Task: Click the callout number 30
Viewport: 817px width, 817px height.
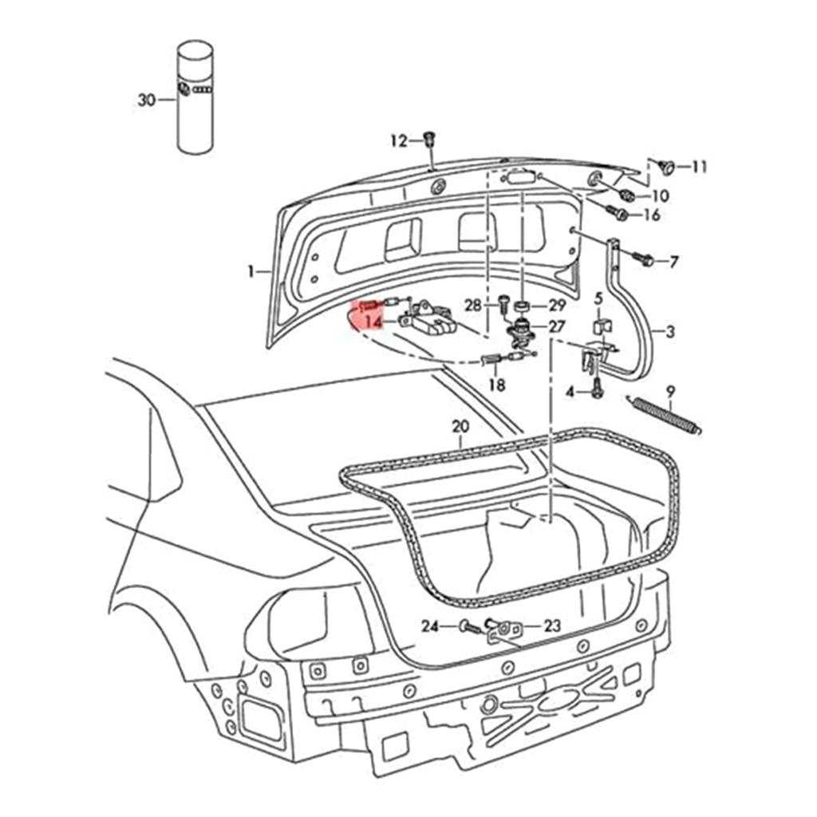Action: click(x=146, y=101)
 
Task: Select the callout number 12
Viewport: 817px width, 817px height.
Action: click(x=398, y=141)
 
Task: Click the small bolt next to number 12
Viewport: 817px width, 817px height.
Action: click(x=428, y=139)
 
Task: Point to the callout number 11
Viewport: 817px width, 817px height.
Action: click(x=699, y=168)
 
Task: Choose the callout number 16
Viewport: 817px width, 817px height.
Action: click(x=651, y=215)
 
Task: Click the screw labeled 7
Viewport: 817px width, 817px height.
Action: click(x=645, y=260)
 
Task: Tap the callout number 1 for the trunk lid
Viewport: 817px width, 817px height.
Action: click(x=252, y=272)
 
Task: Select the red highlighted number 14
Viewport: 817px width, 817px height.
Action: click(x=372, y=322)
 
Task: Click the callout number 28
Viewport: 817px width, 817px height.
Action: click(x=473, y=306)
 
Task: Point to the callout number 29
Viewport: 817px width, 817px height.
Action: click(x=556, y=306)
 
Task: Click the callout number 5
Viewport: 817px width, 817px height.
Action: click(x=598, y=298)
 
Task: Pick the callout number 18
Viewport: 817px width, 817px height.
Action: click(x=496, y=385)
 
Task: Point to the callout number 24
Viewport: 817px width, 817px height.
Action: click(x=430, y=626)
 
